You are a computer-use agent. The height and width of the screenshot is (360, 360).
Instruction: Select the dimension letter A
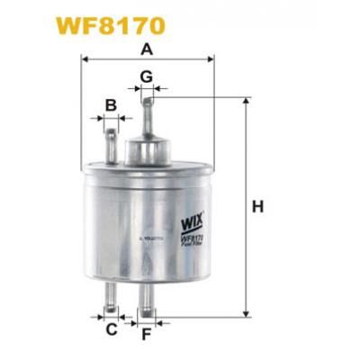click(147, 49)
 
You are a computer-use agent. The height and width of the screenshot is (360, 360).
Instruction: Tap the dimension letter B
click(111, 105)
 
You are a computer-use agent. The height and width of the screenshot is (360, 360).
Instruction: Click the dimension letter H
click(258, 208)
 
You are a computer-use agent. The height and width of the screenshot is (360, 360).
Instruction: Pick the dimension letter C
click(112, 330)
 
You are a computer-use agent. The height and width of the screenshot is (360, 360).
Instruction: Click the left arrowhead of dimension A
click(85, 58)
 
